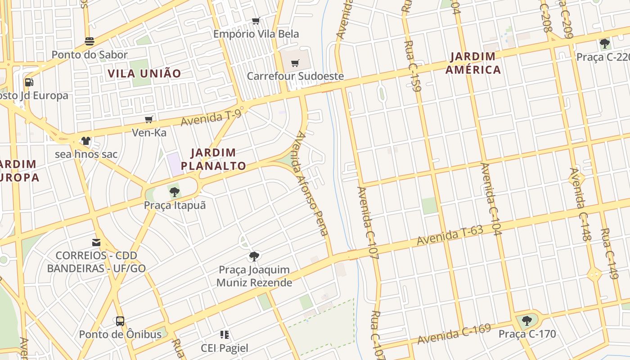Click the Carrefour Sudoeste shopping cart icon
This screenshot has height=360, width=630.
(295, 63)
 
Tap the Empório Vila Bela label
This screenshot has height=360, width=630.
(256, 34)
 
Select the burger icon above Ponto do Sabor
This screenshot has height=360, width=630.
(90, 42)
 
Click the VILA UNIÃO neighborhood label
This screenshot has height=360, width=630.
(144, 73)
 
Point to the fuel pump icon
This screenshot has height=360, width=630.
(29, 82)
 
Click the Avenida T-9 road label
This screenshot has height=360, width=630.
(211, 118)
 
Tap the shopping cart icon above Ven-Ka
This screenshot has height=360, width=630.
(149, 120)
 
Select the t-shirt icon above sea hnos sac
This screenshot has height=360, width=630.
(86, 141)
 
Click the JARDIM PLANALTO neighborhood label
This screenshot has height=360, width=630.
(214, 159)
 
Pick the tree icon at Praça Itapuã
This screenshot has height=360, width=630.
(175, 193)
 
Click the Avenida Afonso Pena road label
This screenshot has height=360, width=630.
(311, 184)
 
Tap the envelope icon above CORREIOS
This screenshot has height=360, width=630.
(96, 243)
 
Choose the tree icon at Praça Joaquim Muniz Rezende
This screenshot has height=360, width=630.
(254, 257)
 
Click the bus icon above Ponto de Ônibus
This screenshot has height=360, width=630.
(120, 321)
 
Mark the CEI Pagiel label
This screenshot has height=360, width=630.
(225, 348)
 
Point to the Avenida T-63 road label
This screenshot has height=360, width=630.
(450, 235)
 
